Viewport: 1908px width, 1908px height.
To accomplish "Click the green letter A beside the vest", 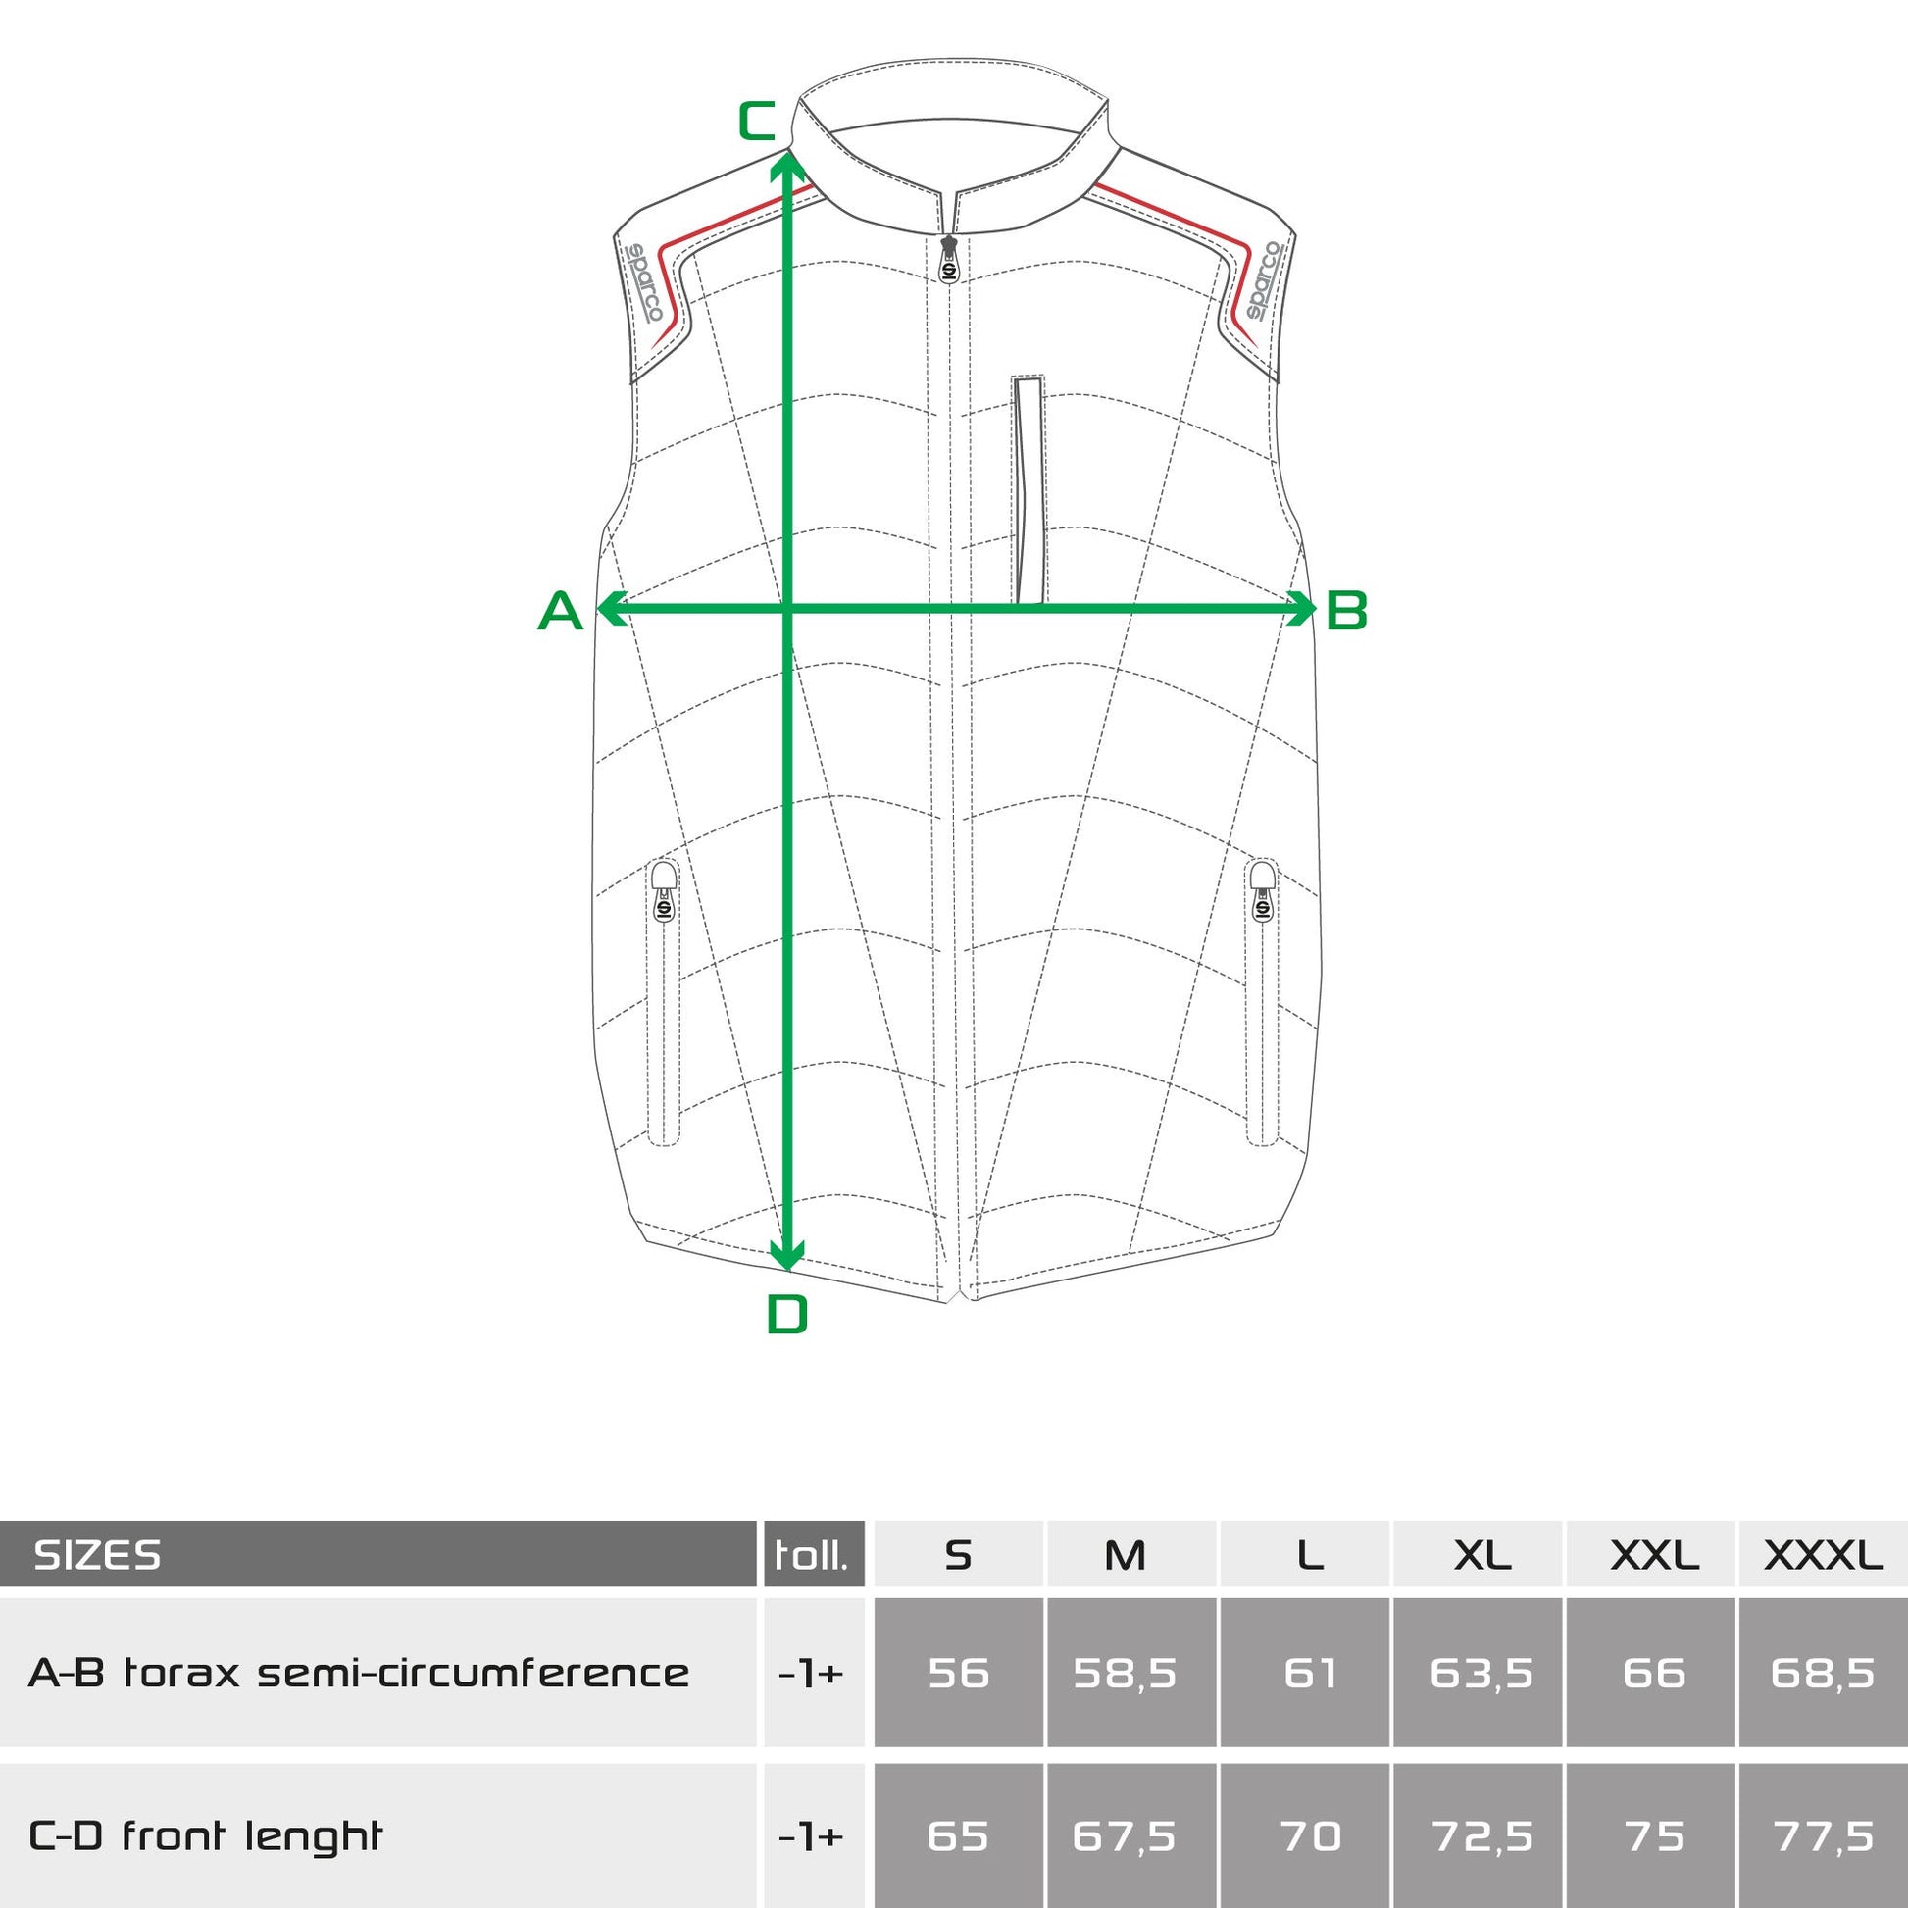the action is [560, 610].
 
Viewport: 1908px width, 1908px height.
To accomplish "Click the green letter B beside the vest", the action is [1346, 610].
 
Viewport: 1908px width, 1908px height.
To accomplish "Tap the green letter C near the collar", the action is [758, 121].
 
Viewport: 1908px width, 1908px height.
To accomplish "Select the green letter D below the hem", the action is [787, 1315].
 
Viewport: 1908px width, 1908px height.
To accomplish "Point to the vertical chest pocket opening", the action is [1029, 489].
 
